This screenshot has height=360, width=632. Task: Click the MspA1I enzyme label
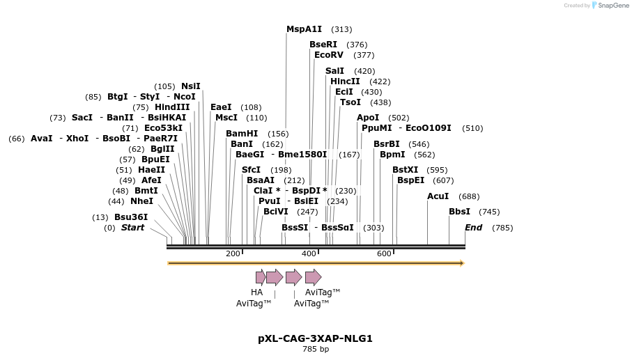pyautogui.click(x=304, y=29)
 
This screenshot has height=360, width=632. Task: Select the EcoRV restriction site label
pyautogui.click(x=329, y=55)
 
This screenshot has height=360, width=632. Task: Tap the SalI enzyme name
pyautogui.click(x=334, y=71)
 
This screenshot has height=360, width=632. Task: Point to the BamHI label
pyautogui.click(x=242, y=134)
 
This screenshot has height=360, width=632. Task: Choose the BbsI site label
pyautogui.click(x=459, y=212)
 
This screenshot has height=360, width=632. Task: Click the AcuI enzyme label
pyautogui.click(x=438, y=196)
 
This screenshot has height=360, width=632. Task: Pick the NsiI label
pyautogui.click(x=191, y=86)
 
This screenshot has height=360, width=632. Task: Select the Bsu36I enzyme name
pyautogui.click(x=131, y=217)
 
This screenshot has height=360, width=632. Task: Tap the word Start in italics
pyautogui.click(x=132, y=228)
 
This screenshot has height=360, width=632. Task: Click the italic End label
pyautogui.click(x=473, y=228)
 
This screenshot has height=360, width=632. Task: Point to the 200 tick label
pyautogui.click(x=233, y=253)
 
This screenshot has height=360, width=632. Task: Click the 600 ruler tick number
pyautogui.click(x=384, y=253)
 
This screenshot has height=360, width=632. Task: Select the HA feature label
pyautogui.click(x=257, y=292)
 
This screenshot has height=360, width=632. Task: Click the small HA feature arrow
pyautogui.click(x=260, y=277)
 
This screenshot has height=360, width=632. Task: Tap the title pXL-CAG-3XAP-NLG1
pyautogui.click(x=315, y=339)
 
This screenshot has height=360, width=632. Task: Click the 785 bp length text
pyautogui.click(x=315, y=349)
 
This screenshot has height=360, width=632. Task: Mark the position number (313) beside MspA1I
pyautogui.click(x=341, y=29)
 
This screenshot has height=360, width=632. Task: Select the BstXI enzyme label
pyautogui.click(x=405, y=170)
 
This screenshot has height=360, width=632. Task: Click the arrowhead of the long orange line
pyautogui.click(x=461, y=263)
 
